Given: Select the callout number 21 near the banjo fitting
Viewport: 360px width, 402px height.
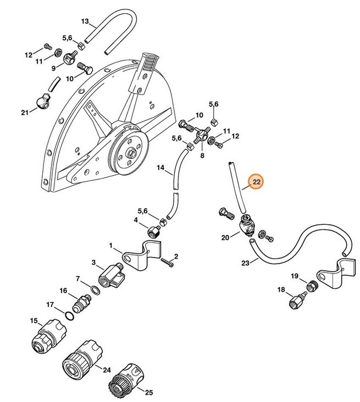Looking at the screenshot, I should tap(24, 113).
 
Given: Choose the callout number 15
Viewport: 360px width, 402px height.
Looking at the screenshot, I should tap(34, 320).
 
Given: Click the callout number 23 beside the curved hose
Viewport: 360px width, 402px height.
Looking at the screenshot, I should tap(246, 263).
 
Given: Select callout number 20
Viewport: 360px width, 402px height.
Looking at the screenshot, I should tap(225, 237).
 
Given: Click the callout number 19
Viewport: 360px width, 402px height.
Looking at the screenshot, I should tap(295, 276).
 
